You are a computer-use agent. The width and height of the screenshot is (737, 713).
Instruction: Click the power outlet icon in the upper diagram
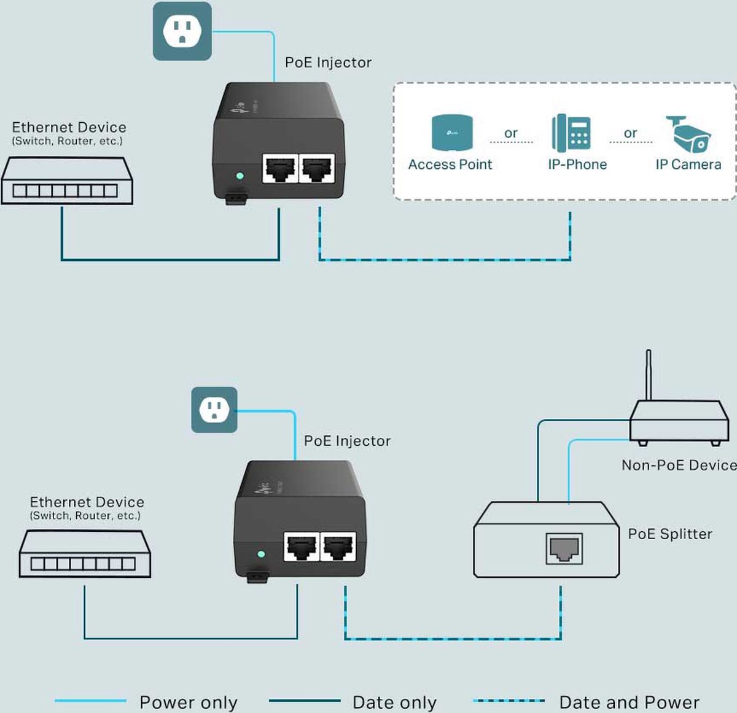pyautogui.click(x=182, y=31)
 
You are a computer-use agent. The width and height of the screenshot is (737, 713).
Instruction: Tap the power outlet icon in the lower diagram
pyautogui.click(x=214, y=410)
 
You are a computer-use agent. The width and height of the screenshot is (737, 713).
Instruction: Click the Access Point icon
pyautogui.click(x=452, y=133)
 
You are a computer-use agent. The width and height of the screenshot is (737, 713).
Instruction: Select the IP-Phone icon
pyautogui.click(x=571, y=133)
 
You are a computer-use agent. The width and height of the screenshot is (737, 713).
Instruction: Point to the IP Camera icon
pyautogui.click(x=688, y=134)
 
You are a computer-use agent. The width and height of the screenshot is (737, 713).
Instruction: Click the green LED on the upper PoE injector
pyautogui.click(x=240, y=176)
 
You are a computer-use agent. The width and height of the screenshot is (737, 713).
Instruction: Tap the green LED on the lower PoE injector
pyautogui.click(x=261, y=554)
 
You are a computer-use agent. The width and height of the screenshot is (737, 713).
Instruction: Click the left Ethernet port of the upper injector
pyautogui.click(x=280, y=168)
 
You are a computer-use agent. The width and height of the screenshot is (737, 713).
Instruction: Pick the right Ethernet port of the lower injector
pyautogui.click(x=338, y=547)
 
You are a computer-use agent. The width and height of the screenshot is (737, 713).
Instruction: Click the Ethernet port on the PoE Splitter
pyautogui.click(x=564, y=548)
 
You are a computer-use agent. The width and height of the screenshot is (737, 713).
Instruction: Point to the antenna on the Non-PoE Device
pyautogui.click(x=648, y=375)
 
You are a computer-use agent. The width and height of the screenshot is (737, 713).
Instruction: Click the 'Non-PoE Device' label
pyautogui.click(x=679, y=465)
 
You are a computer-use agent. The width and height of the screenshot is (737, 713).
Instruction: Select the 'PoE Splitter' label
pyautogui.click(x=669, y=534)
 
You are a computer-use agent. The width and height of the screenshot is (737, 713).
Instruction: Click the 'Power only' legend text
pyautogui.click(x=188, y=702)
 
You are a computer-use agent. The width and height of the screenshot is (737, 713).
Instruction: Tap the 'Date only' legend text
pyautogui.click(x=394, y=702)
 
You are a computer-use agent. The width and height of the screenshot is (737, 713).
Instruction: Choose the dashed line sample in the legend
pyautogui.click(x=509, y=700)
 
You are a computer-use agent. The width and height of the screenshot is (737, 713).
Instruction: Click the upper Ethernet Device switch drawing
pyautogui.click(x=66, y=181)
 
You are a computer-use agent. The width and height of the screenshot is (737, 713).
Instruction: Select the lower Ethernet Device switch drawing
pyautogui.click(x=85, y=554)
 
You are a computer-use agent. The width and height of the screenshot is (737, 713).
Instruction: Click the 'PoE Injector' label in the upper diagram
pyautogui.click(x=328, y=63)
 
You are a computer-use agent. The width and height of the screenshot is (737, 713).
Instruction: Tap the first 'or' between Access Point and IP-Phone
pyautogui.click(x=510, y=133)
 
